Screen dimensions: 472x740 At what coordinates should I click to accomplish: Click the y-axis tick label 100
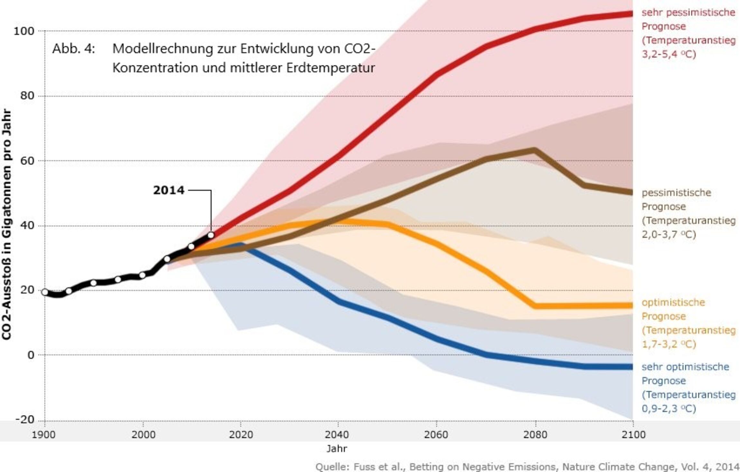[23, 31]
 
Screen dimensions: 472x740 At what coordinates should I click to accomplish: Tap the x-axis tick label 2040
[337, 435]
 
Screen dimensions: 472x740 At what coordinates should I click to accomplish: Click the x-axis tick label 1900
[44, 435]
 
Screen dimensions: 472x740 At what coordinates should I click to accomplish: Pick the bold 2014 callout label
[169, 190]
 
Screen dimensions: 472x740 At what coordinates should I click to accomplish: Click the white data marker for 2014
[211, 235]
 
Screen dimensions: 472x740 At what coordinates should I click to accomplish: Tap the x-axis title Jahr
[337, 449]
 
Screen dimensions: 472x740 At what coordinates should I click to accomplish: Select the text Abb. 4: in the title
[74, 49]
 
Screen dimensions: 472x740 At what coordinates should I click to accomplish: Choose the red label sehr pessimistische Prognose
[688, 19]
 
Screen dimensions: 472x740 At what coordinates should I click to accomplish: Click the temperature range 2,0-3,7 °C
[669, 234]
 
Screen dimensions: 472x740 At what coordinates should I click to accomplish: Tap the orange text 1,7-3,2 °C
[669, 344]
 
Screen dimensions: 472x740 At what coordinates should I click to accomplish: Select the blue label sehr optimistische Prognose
[685, 374]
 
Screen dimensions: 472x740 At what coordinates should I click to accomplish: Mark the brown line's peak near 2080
[534, 150]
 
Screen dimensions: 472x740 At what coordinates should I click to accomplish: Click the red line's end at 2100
[631, 14]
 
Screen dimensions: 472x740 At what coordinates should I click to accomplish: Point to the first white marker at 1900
[45, 292]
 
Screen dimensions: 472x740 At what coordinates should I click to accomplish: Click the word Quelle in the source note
[331, 467]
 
